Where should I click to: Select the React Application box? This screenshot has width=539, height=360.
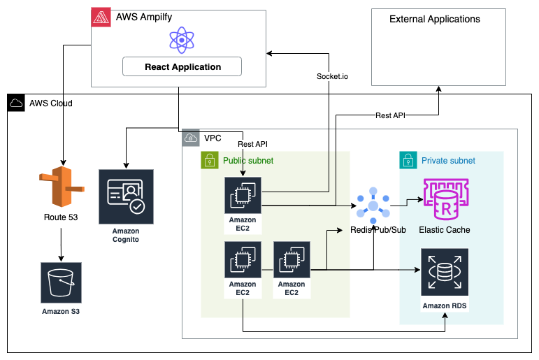182,67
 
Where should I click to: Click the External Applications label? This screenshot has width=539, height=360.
435,19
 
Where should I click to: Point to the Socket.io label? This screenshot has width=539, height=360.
332,75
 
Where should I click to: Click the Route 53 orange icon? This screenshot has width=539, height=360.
62,187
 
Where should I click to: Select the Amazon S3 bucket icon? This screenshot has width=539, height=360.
61,283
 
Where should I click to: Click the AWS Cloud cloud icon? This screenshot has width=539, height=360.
16,103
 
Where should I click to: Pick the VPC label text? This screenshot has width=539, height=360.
213,138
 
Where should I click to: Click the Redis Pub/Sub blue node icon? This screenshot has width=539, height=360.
373,206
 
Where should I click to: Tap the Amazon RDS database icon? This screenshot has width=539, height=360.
445,273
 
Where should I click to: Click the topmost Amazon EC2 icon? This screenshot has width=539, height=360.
243,196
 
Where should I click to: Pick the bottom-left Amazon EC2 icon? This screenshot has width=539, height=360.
243,260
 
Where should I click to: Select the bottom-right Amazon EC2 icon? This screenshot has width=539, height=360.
291,260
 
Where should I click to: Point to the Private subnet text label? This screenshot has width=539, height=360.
448,161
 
